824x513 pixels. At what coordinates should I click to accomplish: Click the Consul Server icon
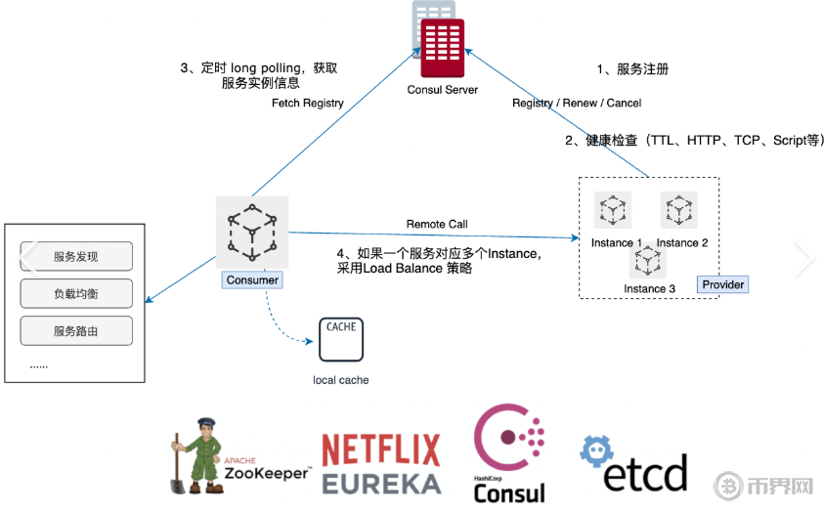click(x=441, y=40)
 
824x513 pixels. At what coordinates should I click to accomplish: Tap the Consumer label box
click(x=252, y=280)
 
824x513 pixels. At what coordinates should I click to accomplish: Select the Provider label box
click(x=723, y=284)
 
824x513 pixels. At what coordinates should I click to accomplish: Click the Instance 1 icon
click(x=613, y=210)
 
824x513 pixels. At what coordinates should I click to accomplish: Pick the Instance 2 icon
click(x=678, y=210)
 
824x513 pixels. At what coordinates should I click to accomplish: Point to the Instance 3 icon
click(x=646, y=261)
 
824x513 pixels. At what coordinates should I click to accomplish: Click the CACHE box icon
click(x=340, y=338)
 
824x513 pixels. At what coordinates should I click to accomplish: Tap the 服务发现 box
click(x=76, y=257)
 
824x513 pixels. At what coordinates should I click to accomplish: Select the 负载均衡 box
click(x=76, y=294)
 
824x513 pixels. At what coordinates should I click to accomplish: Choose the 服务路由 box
click(x=76, y=331)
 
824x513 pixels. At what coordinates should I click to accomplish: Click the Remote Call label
click(x=437, y=225)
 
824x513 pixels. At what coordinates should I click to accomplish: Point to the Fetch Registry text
click(x=308, y=103)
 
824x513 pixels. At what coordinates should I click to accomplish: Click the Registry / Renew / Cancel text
click(x=577, y=103)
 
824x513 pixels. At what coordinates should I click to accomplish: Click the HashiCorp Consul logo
click(x=509, y=454)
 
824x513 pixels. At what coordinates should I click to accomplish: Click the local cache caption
click(x=341, y=379)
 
